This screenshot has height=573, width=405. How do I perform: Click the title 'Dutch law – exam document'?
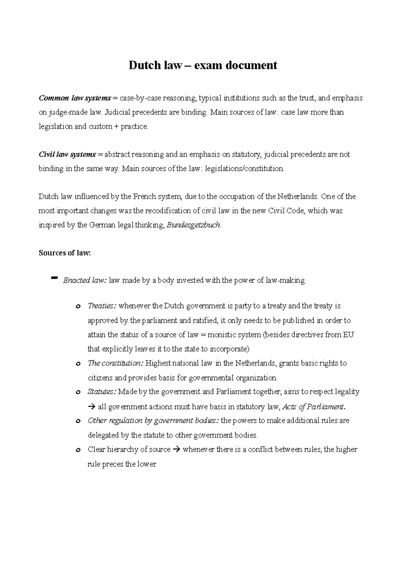202,65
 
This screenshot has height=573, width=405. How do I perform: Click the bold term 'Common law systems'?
75,98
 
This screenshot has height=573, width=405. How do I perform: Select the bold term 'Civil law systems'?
67,155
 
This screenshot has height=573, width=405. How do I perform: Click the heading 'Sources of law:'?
65,253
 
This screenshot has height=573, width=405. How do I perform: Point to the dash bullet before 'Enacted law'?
53,278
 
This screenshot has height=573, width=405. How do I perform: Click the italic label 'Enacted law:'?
85,280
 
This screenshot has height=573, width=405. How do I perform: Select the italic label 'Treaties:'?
102,306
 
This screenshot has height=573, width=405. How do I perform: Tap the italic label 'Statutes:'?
102,392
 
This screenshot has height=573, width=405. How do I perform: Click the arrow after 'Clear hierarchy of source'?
177,449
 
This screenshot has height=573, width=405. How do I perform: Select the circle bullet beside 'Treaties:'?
78,307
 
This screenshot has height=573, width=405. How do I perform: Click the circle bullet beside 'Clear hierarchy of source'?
78,450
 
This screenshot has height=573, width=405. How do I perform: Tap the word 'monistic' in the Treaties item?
221,335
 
